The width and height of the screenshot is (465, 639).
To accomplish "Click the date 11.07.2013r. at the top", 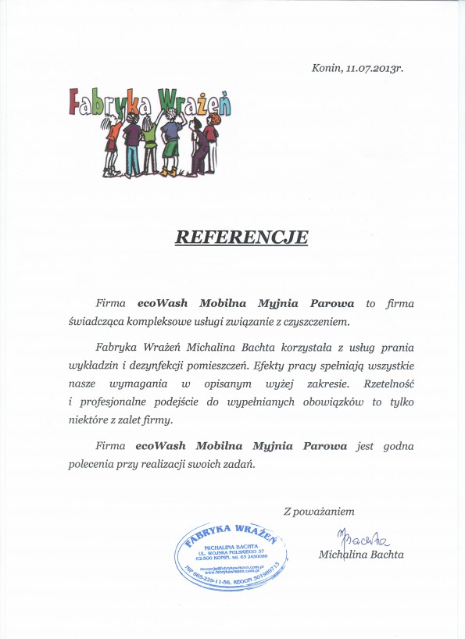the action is (374, 68).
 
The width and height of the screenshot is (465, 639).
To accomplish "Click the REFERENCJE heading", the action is (241, 236).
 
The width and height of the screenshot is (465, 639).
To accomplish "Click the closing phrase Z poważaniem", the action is (319, 512).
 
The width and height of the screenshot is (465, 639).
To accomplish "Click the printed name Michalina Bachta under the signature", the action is (361, 555).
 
